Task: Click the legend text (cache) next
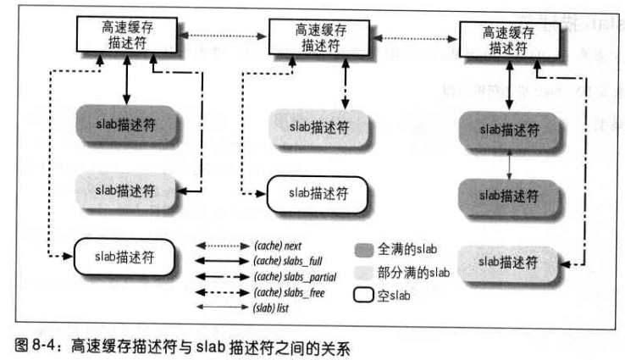pyautogui.click(x=280, y=243)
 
